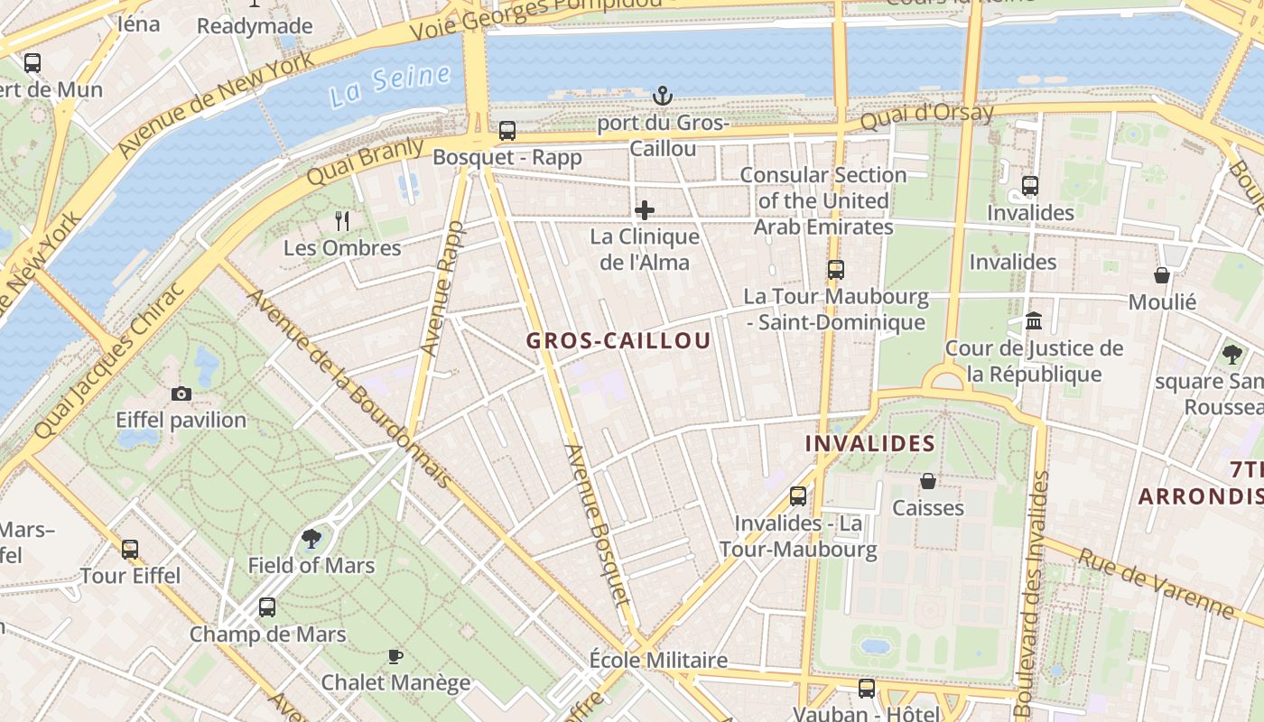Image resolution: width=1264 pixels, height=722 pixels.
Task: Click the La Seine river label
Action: tap(389, 85)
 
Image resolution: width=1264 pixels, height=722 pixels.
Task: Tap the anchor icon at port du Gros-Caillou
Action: tap(663, 96)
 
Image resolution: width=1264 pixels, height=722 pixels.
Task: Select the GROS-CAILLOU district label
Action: tap(618, 341)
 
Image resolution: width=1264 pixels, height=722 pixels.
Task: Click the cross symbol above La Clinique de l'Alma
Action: tap(645, 210)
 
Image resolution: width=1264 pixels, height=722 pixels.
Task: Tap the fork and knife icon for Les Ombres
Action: tap(342, 220)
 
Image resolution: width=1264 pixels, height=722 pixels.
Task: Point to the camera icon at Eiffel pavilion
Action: tap(181, 393)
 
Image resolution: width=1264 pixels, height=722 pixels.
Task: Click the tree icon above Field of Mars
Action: tap(311, 539)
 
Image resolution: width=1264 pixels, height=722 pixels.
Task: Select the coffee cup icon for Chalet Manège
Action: tap(395, 656)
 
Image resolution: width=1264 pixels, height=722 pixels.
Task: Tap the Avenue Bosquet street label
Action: tap(596, 523)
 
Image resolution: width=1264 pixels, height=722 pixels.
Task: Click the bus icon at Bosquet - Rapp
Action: tap(507, 131)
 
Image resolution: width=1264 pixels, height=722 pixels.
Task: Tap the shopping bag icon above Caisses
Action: tap(927, 481)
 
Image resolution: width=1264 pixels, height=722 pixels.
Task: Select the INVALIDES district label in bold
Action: tap(869, 444)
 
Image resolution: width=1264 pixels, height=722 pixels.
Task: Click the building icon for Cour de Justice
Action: tap(1034, 321)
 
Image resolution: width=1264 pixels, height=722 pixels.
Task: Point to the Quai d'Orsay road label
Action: tap(926, 116)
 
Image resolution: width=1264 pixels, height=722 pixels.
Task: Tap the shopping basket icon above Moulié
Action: tap(1162, 275)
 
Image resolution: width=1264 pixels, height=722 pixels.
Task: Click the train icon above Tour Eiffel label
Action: tap(130, 549)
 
